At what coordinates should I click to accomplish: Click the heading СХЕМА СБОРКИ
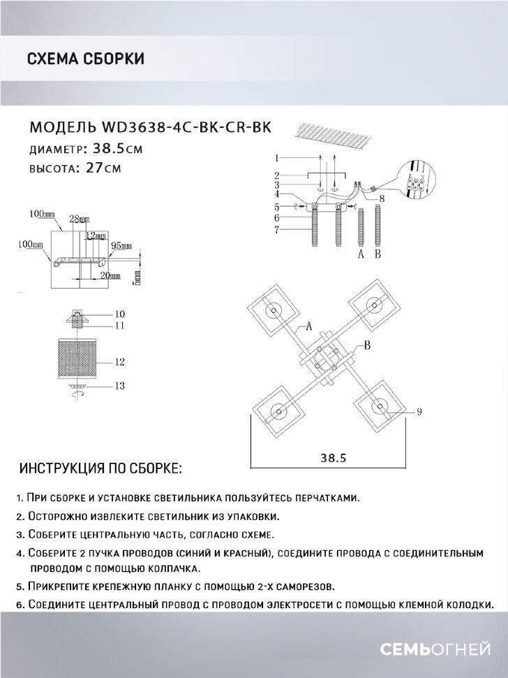85,59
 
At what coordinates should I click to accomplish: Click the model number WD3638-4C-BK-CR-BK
186,127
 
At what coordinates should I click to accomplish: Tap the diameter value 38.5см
113,149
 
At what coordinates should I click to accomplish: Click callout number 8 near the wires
382,199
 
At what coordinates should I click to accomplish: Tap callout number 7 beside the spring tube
276,230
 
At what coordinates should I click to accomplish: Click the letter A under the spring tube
361,255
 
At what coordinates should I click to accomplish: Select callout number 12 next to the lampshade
119,361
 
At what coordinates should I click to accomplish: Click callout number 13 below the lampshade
119,386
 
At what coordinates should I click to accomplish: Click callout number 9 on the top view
420,412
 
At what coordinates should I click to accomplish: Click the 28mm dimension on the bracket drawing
75,219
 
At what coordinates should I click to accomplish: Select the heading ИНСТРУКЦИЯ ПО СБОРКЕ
100,467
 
